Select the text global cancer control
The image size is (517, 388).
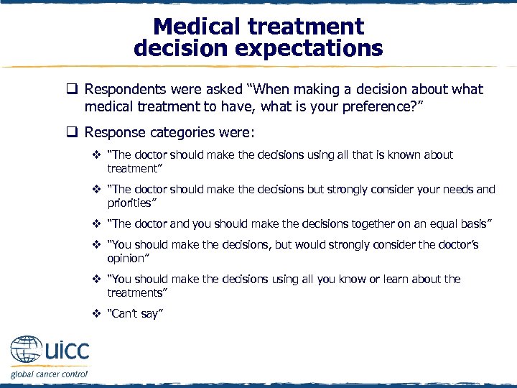[49, 374]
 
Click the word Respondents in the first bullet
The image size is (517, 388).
[125, 90]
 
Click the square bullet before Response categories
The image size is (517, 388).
[72, 133]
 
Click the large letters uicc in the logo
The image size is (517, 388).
[67, 351]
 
